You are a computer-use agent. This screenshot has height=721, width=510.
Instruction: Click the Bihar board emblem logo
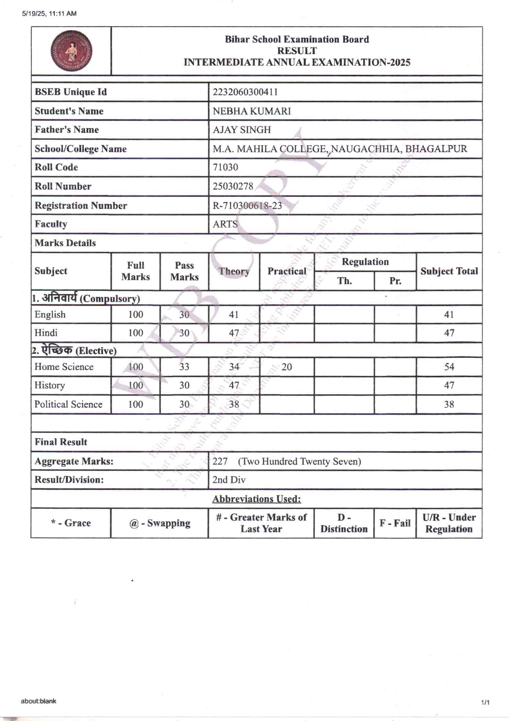click(x=71, y=51)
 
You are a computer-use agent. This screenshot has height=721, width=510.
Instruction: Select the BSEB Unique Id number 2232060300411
click(x=245, y=92)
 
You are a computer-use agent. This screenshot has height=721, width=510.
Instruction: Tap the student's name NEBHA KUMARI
click(x=252, y=111)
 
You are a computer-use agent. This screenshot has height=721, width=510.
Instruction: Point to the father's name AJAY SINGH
click(x=242, y=130)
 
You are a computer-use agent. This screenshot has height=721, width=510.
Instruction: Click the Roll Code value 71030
click(x=225, y=167)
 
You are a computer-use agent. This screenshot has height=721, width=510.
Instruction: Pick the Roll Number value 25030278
click(x=233, y=186)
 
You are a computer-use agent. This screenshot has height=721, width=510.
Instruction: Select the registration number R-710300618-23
click(x=247, y=205)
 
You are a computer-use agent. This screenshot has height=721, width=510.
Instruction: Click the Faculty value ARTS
click(x=225, y=224)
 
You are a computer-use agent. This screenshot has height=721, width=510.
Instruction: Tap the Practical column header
click(x=287, y=271)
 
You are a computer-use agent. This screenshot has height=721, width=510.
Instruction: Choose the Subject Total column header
click(x=449, y=271)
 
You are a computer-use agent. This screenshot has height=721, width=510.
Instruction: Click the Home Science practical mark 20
click(x=287, y=367)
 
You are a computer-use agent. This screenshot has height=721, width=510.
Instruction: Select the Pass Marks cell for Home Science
click(x=184, y=367)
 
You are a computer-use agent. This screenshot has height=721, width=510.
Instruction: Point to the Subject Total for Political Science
click(x=449, y=404)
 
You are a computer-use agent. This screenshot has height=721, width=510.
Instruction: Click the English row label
click(x=50, y=314)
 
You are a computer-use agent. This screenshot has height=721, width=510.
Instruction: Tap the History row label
click(x=50, y=385)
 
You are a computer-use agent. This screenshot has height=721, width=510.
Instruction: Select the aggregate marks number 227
click(x=220, y=461)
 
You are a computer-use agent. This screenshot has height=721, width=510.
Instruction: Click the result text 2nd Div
click(x=229, y=480)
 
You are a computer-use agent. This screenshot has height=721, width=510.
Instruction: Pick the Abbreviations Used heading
click(x=257, y=499)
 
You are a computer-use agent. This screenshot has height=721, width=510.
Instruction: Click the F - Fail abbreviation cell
click(x=395, y=523)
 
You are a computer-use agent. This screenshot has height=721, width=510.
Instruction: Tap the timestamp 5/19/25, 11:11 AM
click(x=49, y=14)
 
